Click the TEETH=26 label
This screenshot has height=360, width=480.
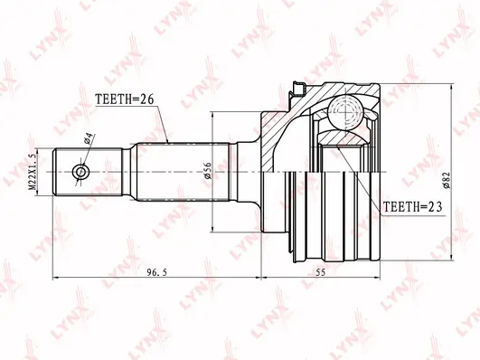point(124,99)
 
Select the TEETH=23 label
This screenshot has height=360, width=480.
point(413,207)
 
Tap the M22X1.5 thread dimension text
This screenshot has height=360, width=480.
point(33,172)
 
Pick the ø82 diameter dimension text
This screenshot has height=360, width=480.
point(447,181)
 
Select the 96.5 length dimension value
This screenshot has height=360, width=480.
point(156,272)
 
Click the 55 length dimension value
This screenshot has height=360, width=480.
point(321,272)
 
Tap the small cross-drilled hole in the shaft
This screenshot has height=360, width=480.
point(80,172)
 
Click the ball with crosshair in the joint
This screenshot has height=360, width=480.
point(346,112)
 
